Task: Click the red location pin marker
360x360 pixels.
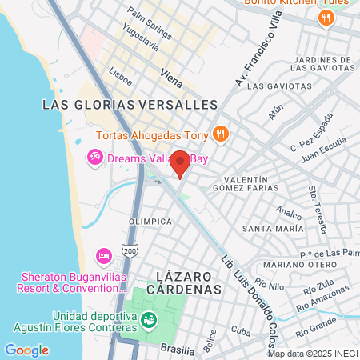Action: (180, 162)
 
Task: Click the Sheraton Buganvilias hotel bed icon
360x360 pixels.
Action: (103, 255)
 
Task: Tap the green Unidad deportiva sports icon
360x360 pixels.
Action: (148, 321)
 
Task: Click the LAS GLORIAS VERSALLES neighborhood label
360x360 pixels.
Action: (130, 105)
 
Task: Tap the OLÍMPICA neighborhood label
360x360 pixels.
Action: (150, 221)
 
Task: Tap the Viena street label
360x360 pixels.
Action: (171, 76)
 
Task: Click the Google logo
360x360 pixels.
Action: (26, 350)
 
